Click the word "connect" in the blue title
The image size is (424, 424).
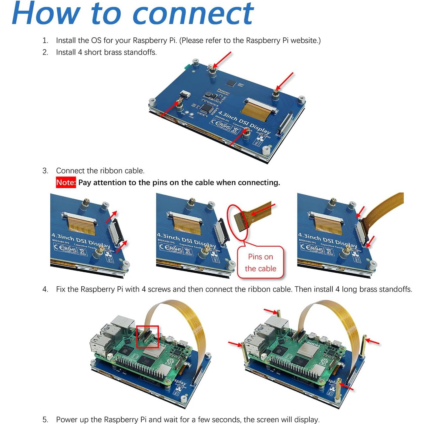pos(193,14)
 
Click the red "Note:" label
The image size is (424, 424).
pos(66,183)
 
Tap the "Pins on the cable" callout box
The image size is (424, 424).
pos(261,263)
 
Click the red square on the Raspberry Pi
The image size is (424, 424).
pos(147,337)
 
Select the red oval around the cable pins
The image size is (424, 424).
pos(238,223)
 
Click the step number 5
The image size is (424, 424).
pos(45,419)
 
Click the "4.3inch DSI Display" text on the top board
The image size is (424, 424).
pos(244,122)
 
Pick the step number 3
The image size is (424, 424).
pos(45,171)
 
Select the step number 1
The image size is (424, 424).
pos(45,40)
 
